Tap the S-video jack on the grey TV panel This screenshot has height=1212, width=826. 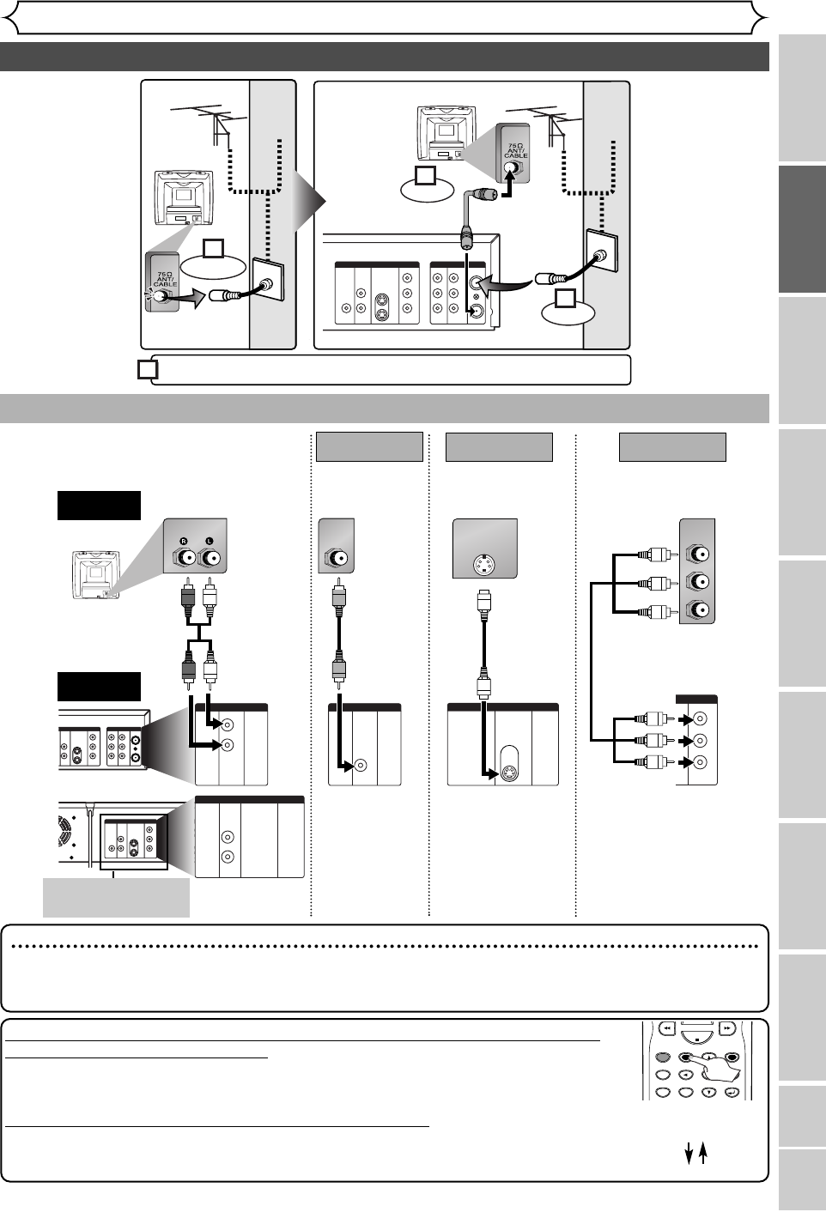tap(484, 565)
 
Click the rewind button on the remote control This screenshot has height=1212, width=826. tap(665, 1027)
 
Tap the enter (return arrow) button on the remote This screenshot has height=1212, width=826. tap(732, 1092)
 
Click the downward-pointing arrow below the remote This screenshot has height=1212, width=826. tap(689, 1154)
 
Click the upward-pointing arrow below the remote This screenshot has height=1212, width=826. tap(703, 1154)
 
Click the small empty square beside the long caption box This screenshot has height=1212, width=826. tap(148, 369)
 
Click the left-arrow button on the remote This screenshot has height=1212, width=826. tap(685, 1075)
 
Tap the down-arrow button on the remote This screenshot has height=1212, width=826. tap(708, 1092)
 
